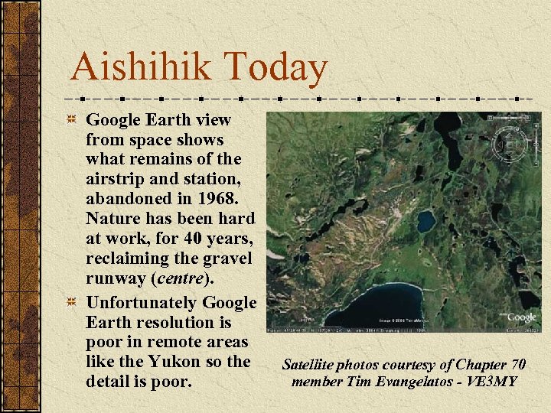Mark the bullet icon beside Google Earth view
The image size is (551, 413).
[71, 120]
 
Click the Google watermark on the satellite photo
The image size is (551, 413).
[521, 316]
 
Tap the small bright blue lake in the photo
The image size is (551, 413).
[425, 222]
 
